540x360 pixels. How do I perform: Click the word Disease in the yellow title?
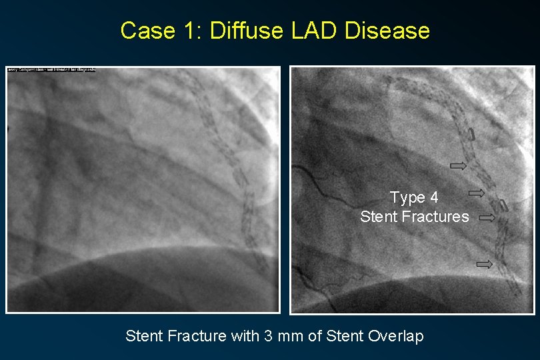point(387,31)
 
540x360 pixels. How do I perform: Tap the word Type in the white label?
point(407,198)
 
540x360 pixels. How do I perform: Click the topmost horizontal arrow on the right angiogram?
point(459,165)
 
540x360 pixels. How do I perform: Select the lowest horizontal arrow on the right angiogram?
point(484,264)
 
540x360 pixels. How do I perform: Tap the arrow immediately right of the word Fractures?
point(487,217)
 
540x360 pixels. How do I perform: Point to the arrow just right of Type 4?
point(476,193)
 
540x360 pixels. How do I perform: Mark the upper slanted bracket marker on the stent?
point(471,134)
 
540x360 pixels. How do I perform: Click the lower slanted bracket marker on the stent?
point(505,205)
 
